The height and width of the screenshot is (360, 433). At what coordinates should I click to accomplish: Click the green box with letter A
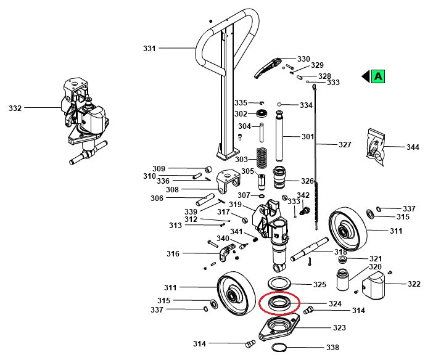click(378, 76)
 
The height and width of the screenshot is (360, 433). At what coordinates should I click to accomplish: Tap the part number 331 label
click(149, 48)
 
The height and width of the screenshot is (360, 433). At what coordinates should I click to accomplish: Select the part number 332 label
click(15, 108)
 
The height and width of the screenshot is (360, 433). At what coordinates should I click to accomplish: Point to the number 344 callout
click(413, 147)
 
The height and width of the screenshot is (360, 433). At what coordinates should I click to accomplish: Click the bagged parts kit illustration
click(377, 147)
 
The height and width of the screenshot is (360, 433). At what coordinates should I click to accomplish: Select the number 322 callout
click(414, 284)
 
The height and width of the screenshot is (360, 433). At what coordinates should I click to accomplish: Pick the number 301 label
click(307, 137)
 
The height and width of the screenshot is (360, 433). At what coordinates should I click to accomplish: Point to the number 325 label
click(320, 285)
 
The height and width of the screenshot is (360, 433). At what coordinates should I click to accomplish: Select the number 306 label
click(157, 198)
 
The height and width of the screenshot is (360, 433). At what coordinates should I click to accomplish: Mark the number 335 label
click(241, 102)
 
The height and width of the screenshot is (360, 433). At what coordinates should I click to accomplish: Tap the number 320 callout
click(375, 267)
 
